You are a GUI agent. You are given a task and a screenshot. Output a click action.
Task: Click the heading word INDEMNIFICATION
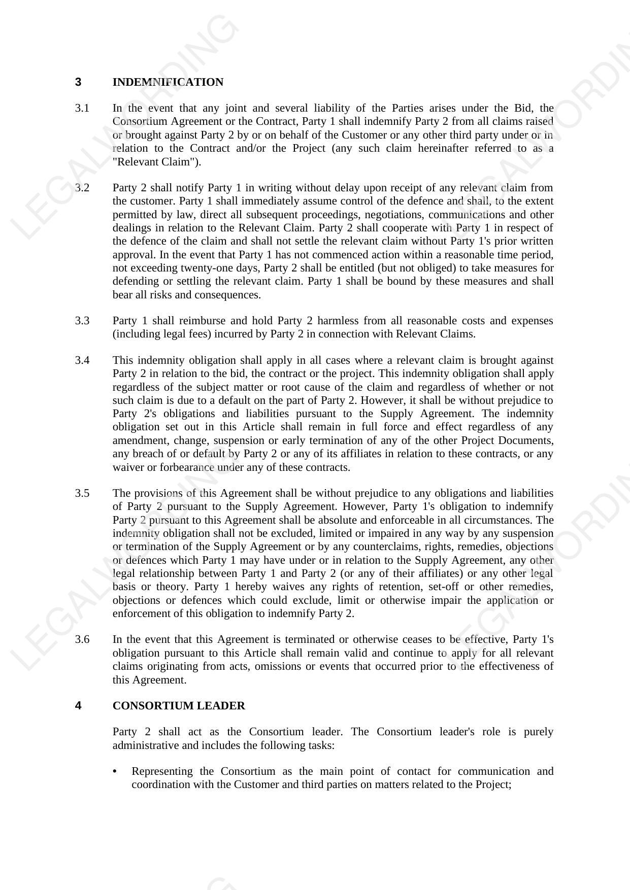[168, 82]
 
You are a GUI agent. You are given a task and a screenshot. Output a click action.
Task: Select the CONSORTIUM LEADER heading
[179, 706]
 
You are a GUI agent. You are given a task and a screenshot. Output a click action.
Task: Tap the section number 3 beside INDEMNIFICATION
[78, 82]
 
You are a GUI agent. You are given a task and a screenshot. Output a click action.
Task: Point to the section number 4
[78, 706]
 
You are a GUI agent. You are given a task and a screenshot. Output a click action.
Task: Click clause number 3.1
[82, 108]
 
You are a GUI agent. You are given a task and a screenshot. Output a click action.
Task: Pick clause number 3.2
[82, 188]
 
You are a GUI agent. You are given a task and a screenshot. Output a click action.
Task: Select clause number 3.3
[82, 321]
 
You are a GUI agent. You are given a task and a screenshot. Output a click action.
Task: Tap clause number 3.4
[82, 360]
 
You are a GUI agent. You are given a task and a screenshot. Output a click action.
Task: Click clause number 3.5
[82, 493]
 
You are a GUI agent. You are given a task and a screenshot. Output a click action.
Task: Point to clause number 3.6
[82, 639]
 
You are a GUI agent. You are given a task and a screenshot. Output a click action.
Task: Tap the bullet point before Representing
[115, 772]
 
